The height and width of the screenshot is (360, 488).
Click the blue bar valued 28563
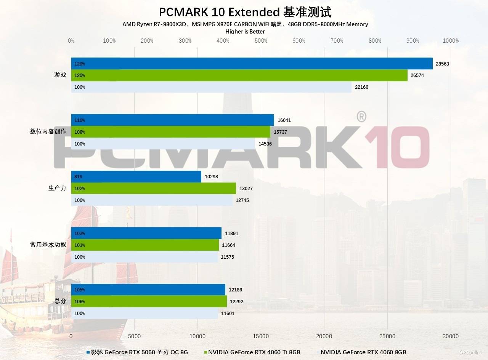pos(252,64)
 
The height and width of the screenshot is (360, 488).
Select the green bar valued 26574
pos(239,75)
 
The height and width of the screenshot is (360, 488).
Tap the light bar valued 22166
pos(211,87)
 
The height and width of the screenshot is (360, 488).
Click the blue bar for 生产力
pos(136,177)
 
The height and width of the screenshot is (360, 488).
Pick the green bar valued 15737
pos(170,132)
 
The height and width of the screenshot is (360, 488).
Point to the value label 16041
pos(284,120)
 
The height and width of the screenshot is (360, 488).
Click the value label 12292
pos(237,302)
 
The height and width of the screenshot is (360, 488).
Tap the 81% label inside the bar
pos(79,177)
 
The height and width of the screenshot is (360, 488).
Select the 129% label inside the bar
pos(80,64)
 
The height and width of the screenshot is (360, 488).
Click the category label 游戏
pos(60,75)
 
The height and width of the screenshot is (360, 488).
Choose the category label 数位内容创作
pos(48,132)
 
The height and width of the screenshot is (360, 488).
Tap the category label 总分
pos(60,301)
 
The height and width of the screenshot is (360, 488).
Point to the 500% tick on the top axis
pos(261,41)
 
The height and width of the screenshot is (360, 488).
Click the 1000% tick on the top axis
pos(451,41)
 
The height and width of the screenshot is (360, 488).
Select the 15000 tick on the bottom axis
pos(261,336)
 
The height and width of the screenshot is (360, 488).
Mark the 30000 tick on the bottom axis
pos(451,336)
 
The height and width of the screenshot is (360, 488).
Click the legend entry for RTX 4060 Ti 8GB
pos(254,352)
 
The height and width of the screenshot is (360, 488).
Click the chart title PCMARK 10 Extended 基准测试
pos(245,12)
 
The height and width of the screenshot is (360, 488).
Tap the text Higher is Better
pos(245,32)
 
